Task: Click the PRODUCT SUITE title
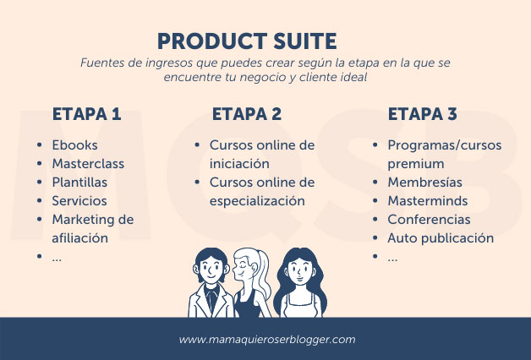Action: point(247,41)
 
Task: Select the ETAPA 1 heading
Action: point(87,114)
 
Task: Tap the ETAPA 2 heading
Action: point(247,114)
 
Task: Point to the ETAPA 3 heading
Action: point(422,114)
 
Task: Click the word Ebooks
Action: point(75,145)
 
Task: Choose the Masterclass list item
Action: point(88,164)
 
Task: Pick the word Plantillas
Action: point(79,183)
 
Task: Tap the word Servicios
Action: point(79,201)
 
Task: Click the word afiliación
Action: point(80,238)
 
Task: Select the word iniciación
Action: point(239,164)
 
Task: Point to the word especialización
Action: point(257,201)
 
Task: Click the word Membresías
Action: point(424,183)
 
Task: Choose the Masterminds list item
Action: point(428,201)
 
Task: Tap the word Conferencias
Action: point(429,220)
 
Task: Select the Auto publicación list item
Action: point(441,238)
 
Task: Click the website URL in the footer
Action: point(267,340)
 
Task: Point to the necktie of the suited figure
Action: point(212,300)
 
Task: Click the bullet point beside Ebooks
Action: point(39,145)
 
